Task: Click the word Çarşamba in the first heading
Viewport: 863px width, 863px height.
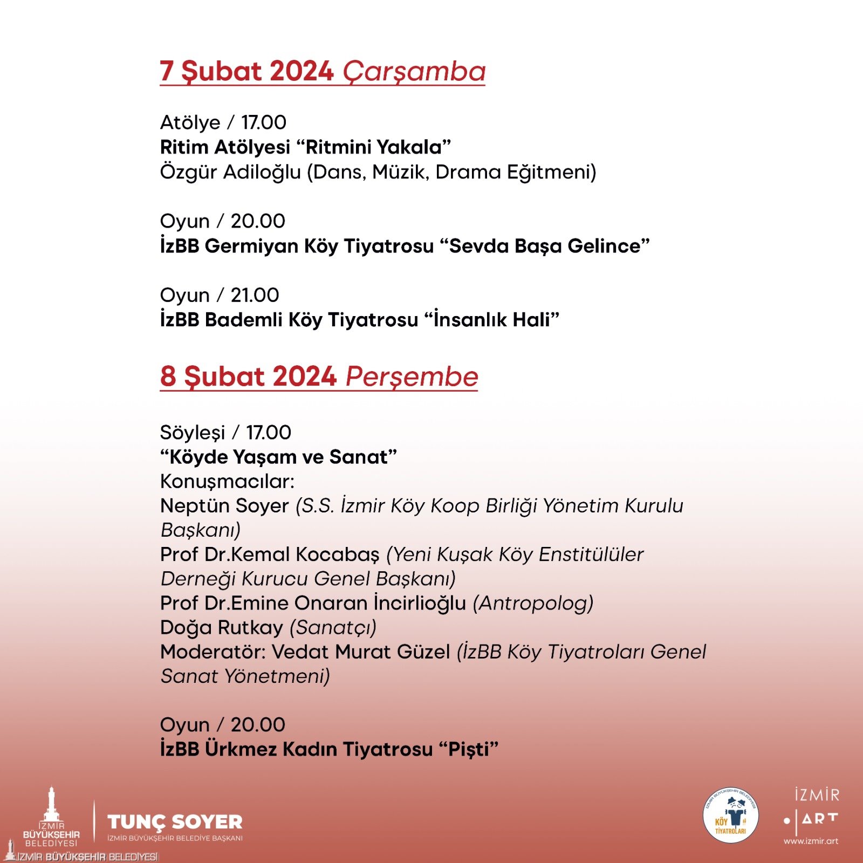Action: (414, 72)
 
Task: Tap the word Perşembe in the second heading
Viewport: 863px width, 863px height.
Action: (412, 376)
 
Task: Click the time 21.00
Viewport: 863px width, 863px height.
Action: (255, 295)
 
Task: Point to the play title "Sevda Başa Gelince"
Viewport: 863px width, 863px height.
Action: (545, 246)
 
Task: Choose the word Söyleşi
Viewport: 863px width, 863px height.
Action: (193, 433)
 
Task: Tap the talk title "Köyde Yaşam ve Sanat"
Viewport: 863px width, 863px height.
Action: (278, 457)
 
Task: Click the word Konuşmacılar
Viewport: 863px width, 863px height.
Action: (227, 481)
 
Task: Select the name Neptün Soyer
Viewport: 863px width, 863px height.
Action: (224, 506)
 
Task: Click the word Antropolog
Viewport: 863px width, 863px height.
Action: (533, 603)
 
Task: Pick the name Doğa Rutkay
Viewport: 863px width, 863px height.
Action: (221, 627)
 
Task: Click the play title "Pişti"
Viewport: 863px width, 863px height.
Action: (468, 749)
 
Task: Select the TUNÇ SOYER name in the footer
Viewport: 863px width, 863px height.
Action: (175, 822)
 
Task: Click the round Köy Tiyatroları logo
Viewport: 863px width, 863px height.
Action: (731, 815)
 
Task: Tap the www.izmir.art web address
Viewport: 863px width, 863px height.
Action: (811, 841)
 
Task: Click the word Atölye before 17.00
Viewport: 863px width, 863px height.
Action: (190, 122)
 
